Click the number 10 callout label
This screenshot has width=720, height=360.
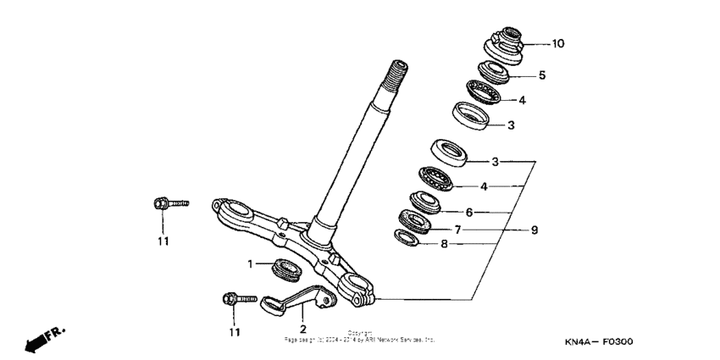(x=558, y=44)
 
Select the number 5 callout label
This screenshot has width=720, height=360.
(x=542, y=75)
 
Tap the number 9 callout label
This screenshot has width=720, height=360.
(x=534, y=229)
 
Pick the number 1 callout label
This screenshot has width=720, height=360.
(x=251, y=264)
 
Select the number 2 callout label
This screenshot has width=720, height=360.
(x=302, y=329)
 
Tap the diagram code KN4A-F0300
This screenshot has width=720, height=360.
(x=599, y=342)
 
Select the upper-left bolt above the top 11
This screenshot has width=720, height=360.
(x=169, y=203)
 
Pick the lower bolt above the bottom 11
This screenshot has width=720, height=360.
(x=236, y=298)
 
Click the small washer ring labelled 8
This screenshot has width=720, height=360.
(x=407, y=238)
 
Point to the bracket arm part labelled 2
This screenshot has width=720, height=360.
(x=292, y=300)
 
